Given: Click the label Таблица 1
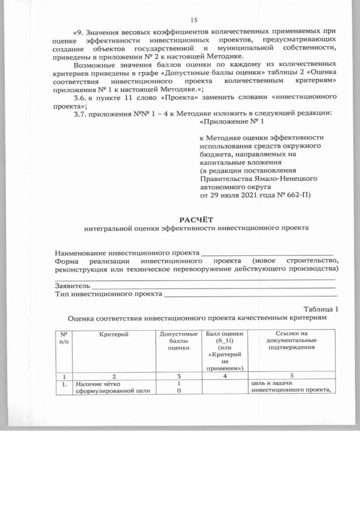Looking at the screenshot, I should [321, 309].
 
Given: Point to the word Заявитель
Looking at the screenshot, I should [73, 286].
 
